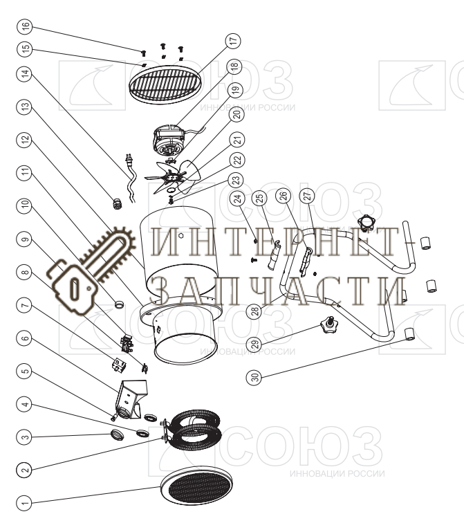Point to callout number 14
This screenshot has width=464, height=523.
click(x=26, y=72)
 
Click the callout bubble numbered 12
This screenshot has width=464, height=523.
click(x=26, y=139)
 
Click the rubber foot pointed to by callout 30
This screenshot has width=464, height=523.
click(x=409, y=336)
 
